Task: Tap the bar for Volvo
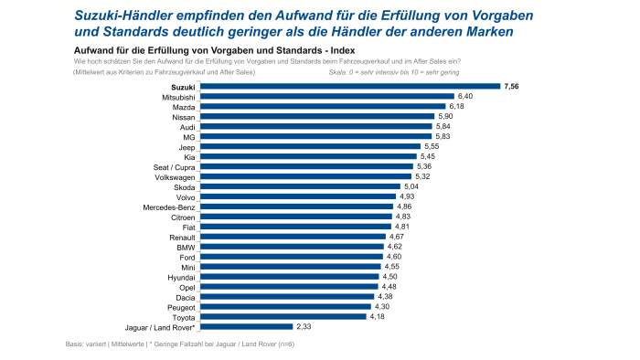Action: click(297, 196)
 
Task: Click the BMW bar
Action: click(292, 247)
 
